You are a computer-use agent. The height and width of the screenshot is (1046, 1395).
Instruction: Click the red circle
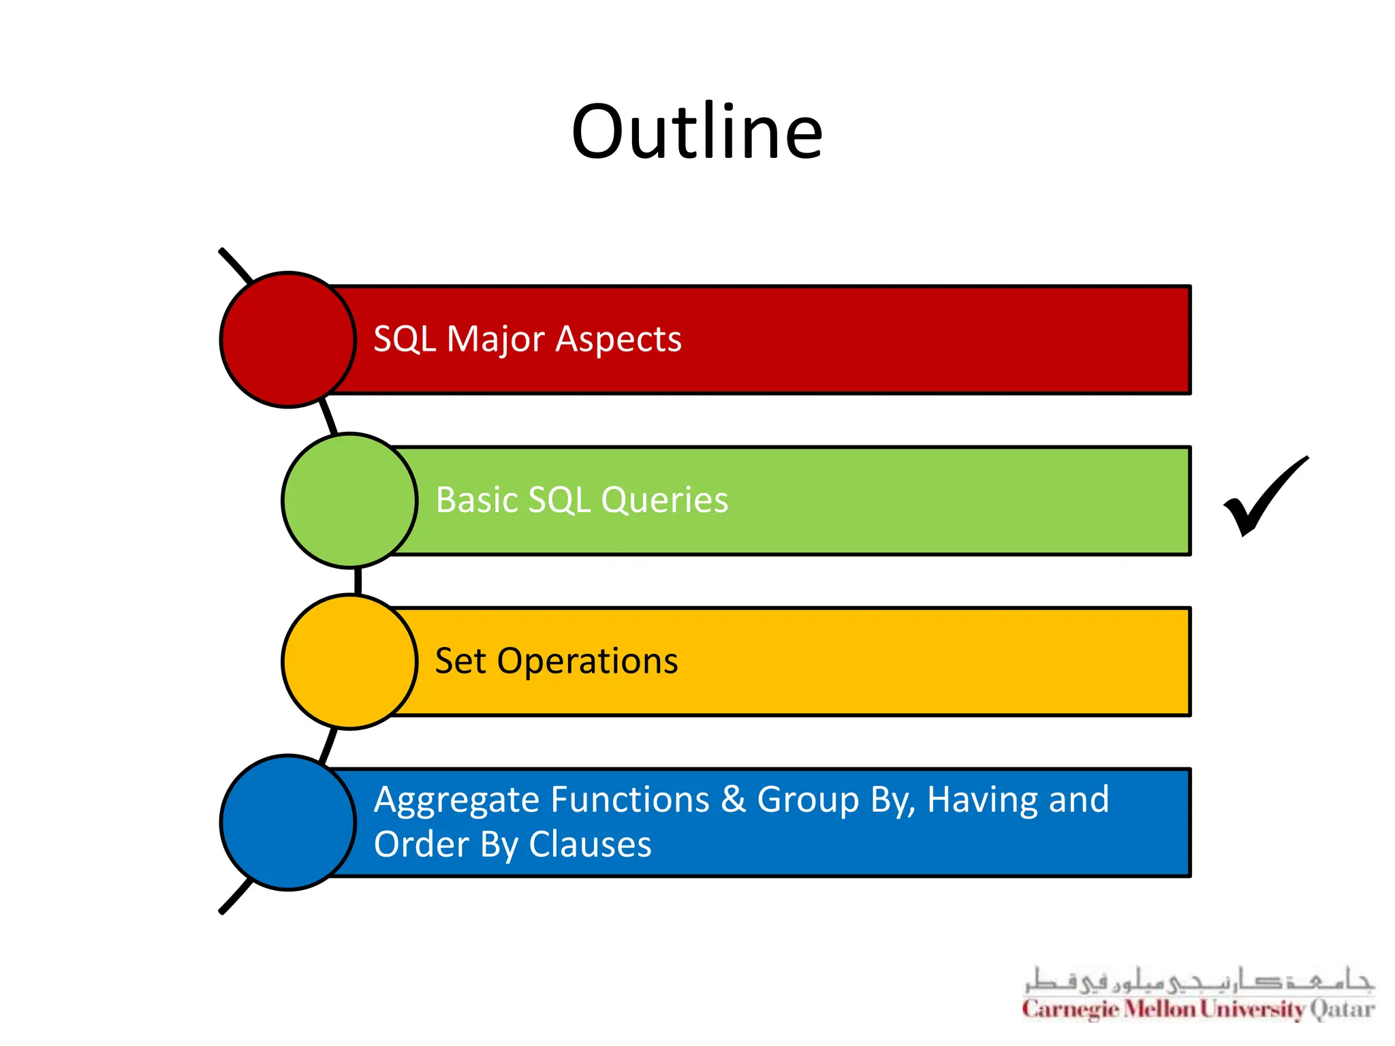click(x=287, y=340)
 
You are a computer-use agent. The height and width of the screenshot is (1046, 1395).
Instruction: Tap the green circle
click(x=349, y=501)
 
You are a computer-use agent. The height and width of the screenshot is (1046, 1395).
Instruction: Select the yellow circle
click(x=349, y=661)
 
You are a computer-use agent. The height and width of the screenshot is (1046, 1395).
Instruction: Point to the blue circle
click(x=287, y=822)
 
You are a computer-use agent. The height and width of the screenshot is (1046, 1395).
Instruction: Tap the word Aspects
click(x=618, y=339)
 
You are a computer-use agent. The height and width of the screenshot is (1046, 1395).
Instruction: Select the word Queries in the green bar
click(x=664, y=501)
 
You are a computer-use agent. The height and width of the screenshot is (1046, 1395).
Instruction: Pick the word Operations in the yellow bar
click(x=587, y=661)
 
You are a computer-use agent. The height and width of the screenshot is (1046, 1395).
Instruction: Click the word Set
click(x=460, y=661)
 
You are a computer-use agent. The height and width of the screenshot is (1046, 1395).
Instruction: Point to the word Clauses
click(x=590, y=845)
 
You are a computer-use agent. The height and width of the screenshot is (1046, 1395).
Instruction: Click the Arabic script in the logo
click(x=1199, y=981)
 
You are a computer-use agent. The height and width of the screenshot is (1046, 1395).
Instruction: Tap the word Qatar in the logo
click(x=1342, y=1009)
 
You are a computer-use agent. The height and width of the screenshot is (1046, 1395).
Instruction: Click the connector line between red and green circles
click(x=329, y=417)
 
